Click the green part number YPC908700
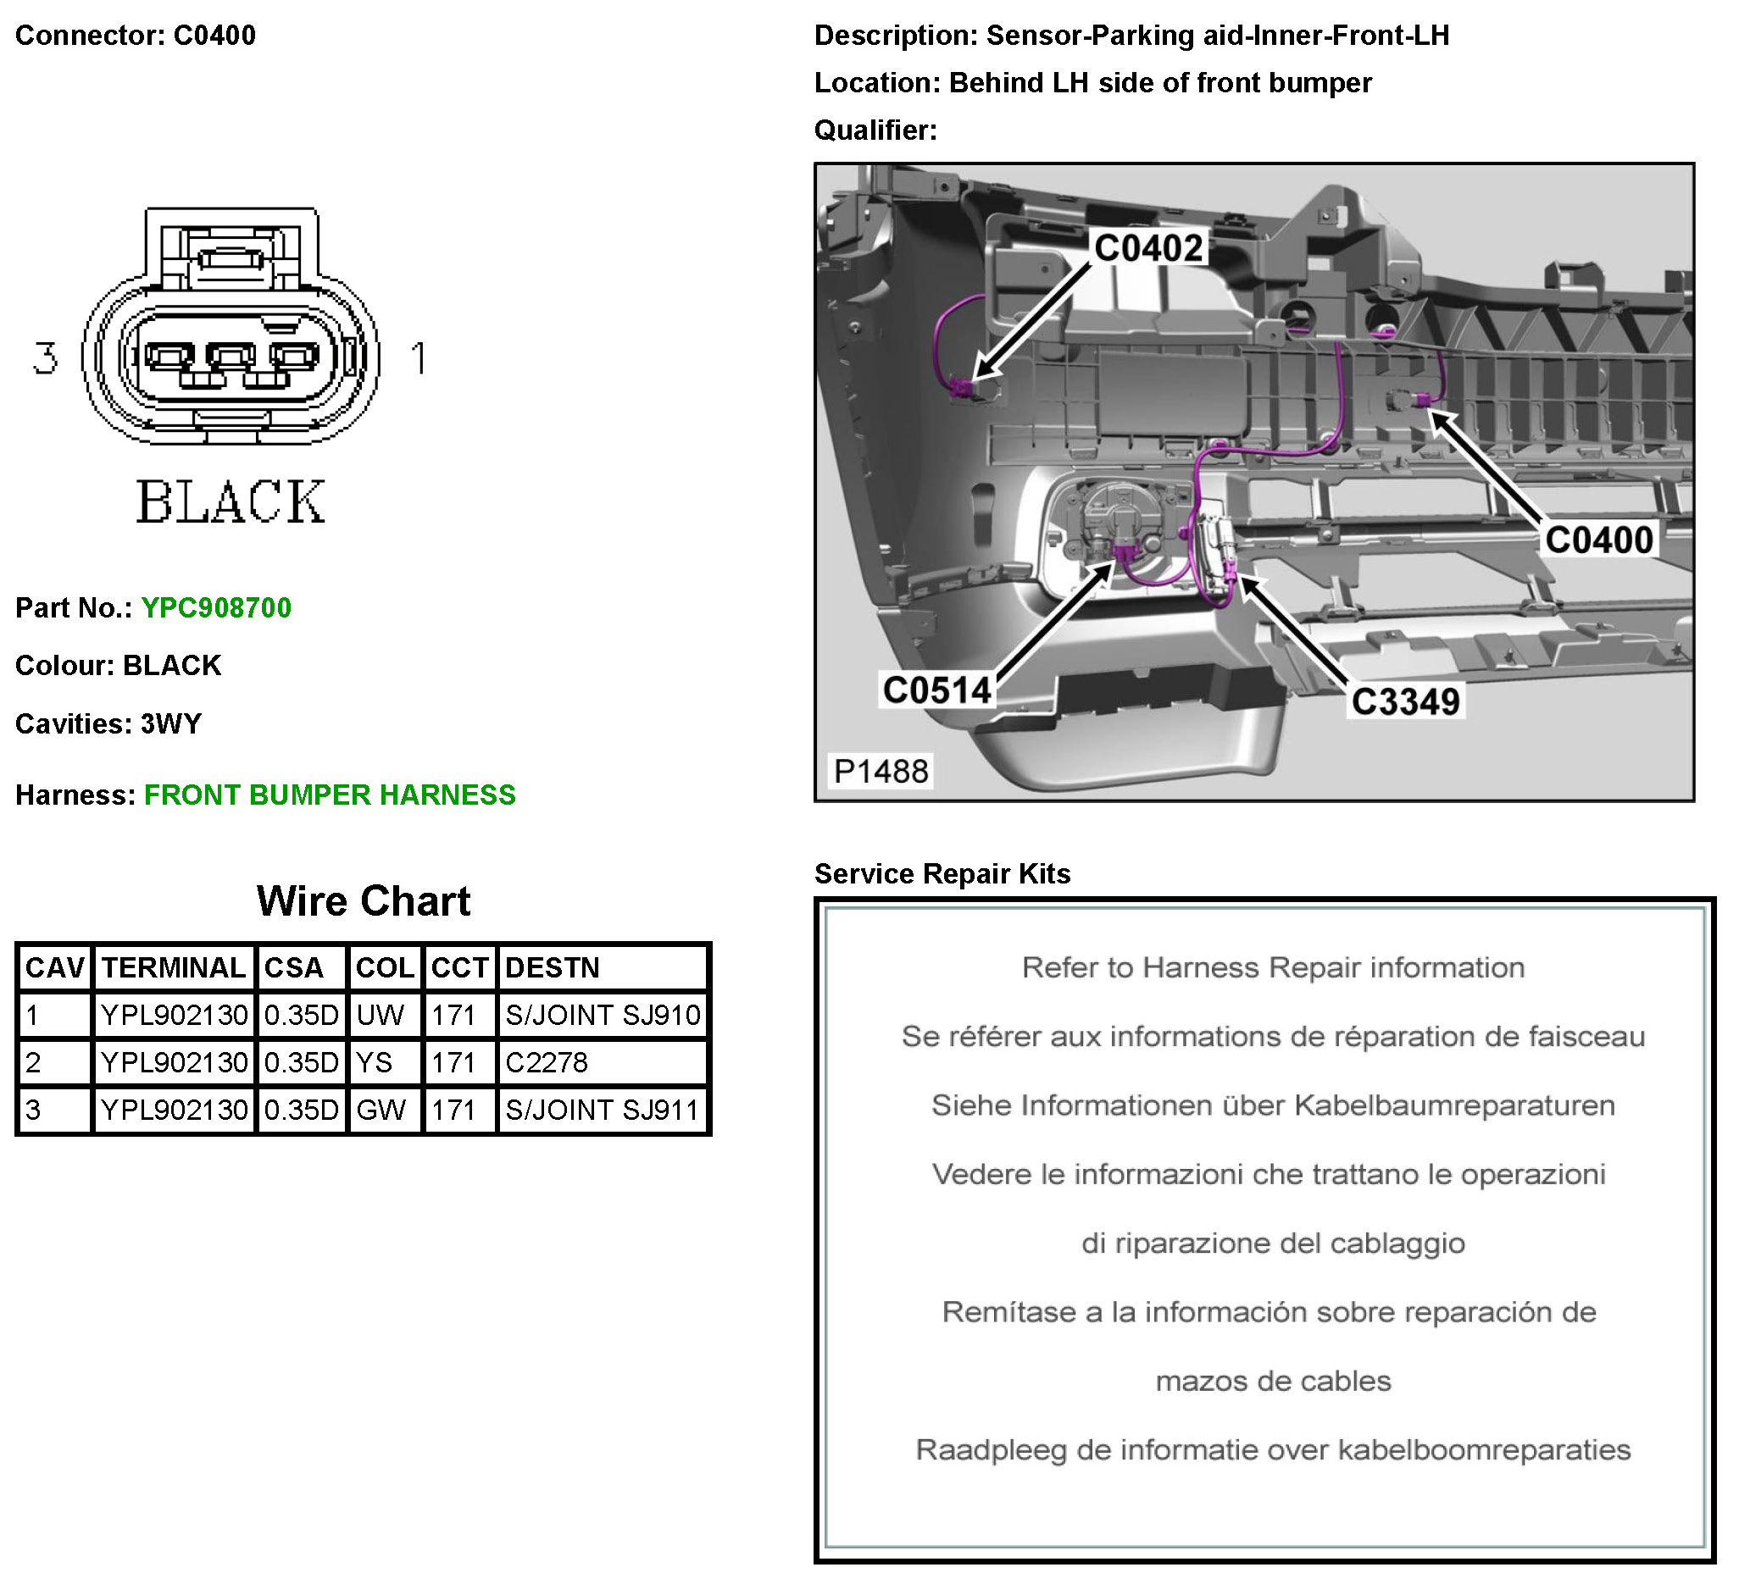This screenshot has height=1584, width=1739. (x=215, y=608)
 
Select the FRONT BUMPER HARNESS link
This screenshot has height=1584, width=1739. (x=330, y=795)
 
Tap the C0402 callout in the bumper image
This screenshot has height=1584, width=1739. (x=1148, y=248)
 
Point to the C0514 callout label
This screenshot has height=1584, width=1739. (x=936, y=690)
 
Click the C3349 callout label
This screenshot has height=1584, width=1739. (x=1405, y=701)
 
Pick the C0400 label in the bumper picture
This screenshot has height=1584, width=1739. (x=1598, y=540)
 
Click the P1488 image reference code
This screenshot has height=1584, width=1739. (x=881, y=771)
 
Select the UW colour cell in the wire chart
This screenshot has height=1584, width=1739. (x=381, y=1015)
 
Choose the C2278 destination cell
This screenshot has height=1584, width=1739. (x=546, y=1062)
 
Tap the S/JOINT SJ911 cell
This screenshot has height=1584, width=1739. (x=602, y=1110)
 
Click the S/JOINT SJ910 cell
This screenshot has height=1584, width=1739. (x=602, y=1015)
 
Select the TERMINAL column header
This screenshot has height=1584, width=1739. (x=174, y=967)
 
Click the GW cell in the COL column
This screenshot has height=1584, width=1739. (x=381, y=1110)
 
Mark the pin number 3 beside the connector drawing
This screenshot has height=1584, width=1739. (x=45, y=357)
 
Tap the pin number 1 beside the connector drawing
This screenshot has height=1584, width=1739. (x=419, y=357)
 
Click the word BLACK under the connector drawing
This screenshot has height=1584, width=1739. (x=231, y=501)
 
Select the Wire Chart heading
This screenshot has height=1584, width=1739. (x=364, y=901)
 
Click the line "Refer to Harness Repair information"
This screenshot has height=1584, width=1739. (x=1272, y=967)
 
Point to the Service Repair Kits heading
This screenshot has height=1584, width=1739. (x=942, y=873)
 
